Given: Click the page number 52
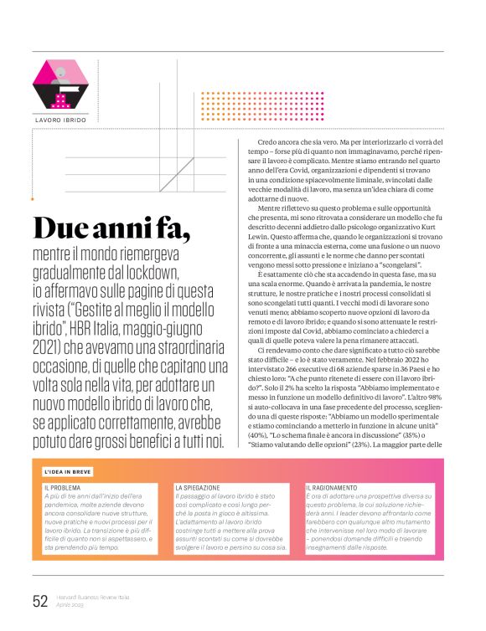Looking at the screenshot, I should coord(39,599).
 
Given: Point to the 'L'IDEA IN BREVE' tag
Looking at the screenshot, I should coord(69,472).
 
